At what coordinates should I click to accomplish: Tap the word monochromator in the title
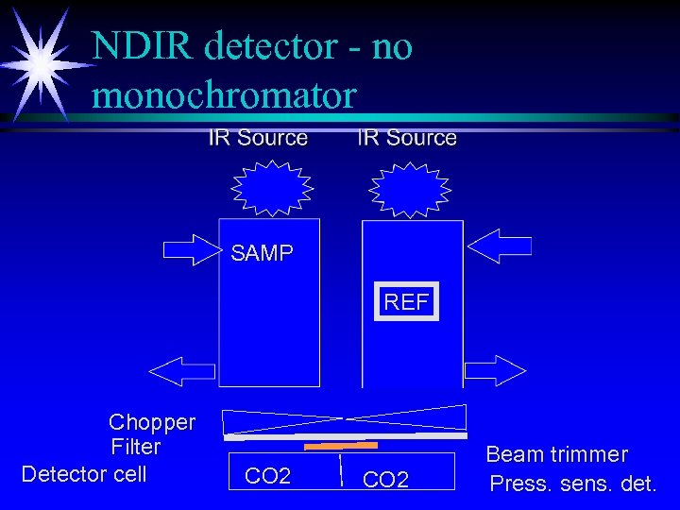(x=225, y=94)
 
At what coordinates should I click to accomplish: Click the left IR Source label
(x=258, y=138)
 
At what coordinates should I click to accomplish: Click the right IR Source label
(x=407, y=138)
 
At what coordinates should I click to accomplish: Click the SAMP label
(x=262, y=253)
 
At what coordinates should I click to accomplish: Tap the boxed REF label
(x=406, y=302)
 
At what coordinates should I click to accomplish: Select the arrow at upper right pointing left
(x=501, y=247)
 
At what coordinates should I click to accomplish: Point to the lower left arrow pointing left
(x=181, y=369)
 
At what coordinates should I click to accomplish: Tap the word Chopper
(x=152, y=422)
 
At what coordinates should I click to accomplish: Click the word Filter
(x=136, y=447)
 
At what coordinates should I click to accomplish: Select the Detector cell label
(x=84, y=473)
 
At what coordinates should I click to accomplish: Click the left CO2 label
(x=267, y=475)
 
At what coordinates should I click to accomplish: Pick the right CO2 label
(x=385, y=480)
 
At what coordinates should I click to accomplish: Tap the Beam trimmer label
(x=556, y=454)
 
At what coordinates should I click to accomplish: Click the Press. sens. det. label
(x=572, y=484)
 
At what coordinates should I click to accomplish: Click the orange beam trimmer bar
(x=341, y=445)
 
